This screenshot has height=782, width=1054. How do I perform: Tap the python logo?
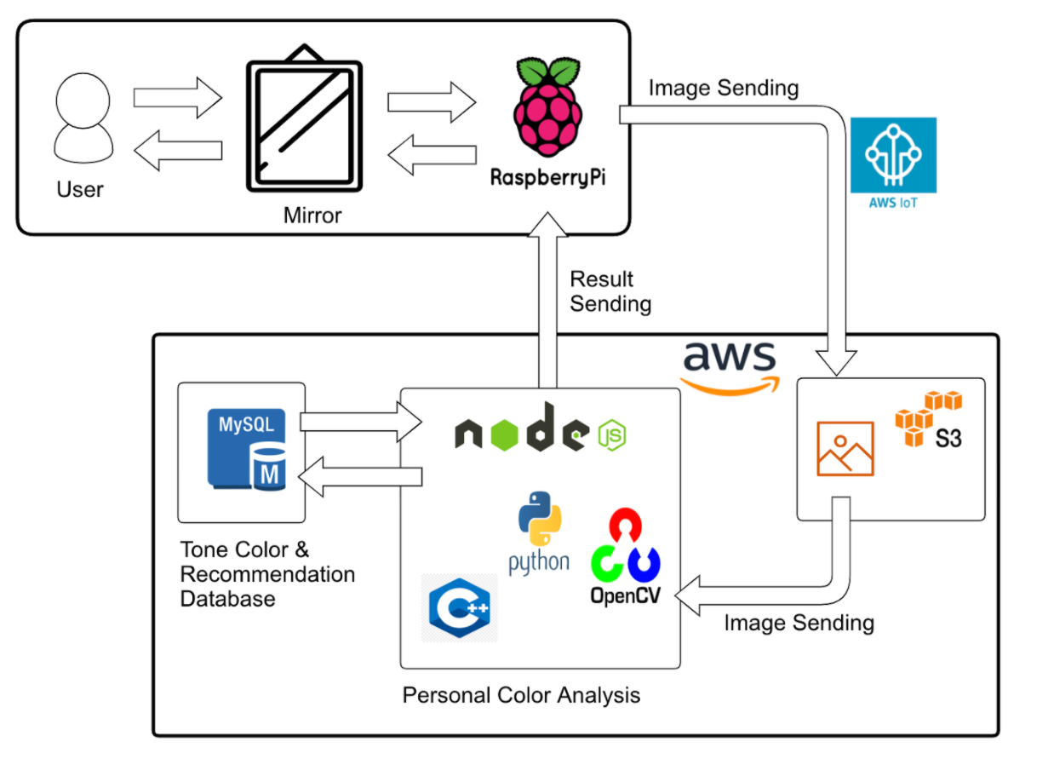click(x=539, y=533)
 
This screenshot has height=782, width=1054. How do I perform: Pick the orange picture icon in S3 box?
click(x=845, y=448)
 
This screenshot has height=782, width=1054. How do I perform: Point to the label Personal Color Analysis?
click(x=521, y=695)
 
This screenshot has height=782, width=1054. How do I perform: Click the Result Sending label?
click(x=610, y=291)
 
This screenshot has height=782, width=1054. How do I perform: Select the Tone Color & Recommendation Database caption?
click(x=266, y=574)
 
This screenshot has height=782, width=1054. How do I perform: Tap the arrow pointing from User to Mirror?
click(x=177, y=97)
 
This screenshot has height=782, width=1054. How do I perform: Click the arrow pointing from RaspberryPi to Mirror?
click(x=432, y=155)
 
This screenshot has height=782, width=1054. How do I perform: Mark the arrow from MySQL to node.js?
click(x=362, y=423)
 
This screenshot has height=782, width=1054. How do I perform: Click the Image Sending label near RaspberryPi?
click(x=723, y=88)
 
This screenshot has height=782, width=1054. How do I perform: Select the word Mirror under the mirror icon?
click(x=312, y=216)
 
